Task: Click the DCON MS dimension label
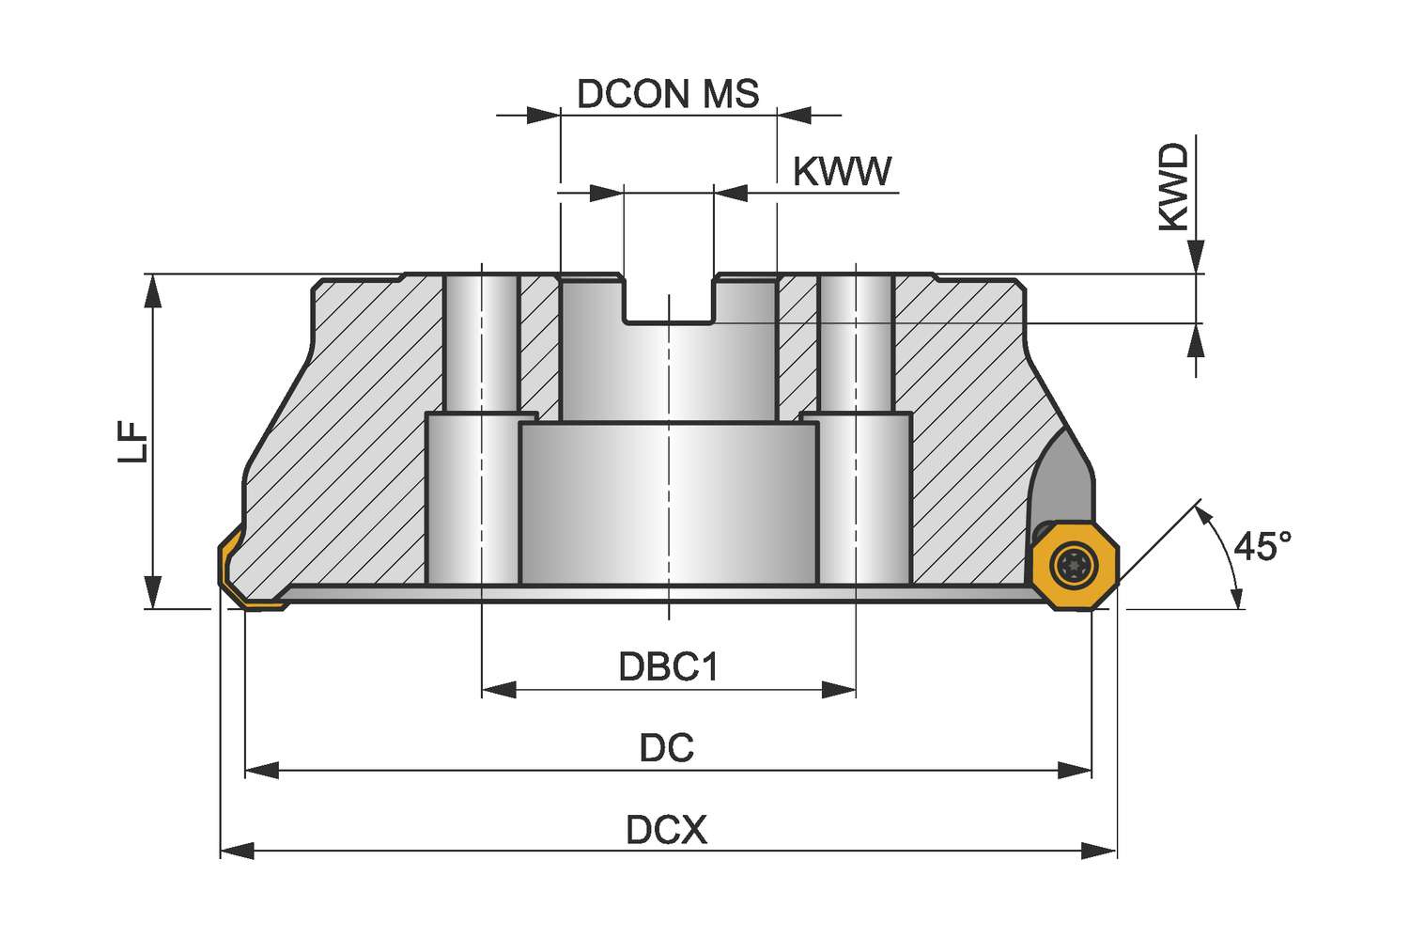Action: point(668,94)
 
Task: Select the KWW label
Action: point(842,172)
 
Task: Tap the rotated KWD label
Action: point(1173,187)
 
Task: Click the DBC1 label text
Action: point(668,666)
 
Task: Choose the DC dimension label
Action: point(667,748)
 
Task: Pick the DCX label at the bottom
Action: point(667,830)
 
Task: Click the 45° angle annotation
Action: point(1262,545)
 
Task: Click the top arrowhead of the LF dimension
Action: point(152,290)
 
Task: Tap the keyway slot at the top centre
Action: point(668,299)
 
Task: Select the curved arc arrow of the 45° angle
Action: point(1226,555)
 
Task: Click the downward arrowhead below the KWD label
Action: point(1195,257)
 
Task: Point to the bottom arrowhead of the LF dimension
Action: point(152,592)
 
